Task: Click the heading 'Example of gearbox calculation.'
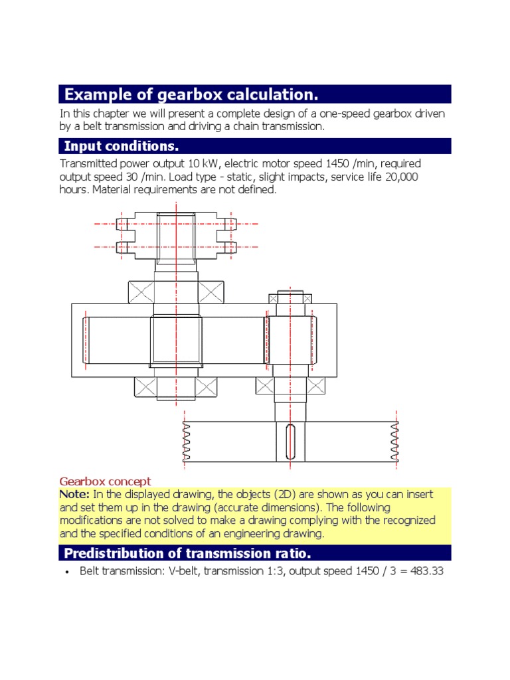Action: (187, 94)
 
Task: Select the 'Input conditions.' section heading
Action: (122, 146)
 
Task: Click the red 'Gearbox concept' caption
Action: (105, 481)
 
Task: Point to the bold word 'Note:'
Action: (74, 494)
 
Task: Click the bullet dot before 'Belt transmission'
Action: (67, 572)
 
